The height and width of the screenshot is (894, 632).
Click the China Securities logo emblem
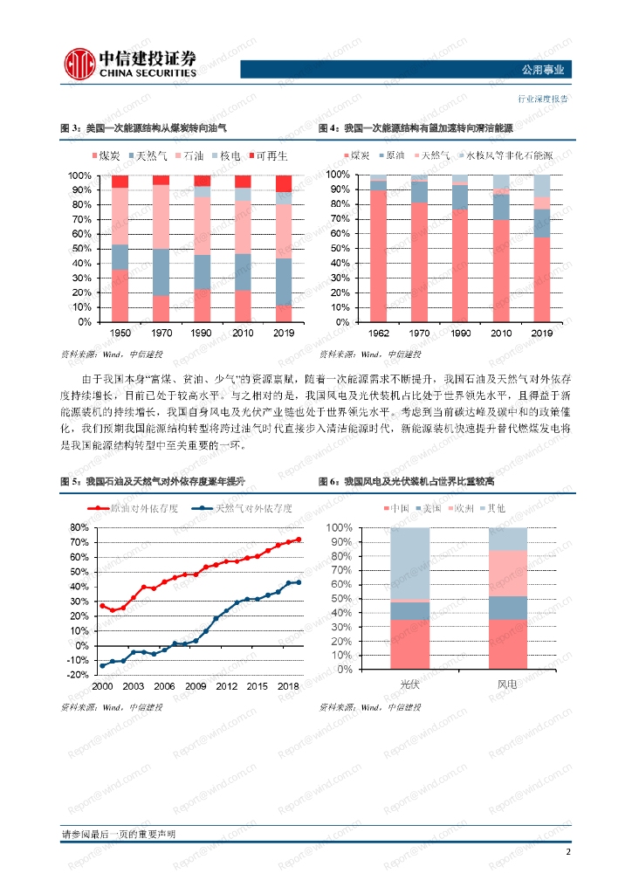(x=79, y=62)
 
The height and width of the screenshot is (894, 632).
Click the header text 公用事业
(x=542, y=71)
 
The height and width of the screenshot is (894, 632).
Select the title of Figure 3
(x=143, y=128)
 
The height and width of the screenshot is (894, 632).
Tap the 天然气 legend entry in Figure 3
(x=155, y=155)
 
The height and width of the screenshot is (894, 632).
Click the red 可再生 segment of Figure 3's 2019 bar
(x=285, y=182)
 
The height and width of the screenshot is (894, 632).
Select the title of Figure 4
(x=416, y=128)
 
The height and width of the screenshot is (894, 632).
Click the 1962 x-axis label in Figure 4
(x=378, y=333)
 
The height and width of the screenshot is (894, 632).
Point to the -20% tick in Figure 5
(x=78, y=675)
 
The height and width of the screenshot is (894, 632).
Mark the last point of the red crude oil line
(x=299, y=540)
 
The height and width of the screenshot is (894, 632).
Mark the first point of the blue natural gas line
(x=102, y=665)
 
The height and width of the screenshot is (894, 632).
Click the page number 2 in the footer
(x=568, y=852)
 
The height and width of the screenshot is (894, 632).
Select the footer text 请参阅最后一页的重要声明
(x=118, y=835)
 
